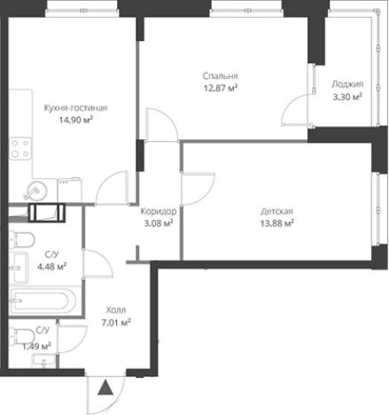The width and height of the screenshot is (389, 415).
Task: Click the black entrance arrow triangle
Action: coord(105,388)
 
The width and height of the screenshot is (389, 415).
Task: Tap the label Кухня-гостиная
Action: coord(75,108)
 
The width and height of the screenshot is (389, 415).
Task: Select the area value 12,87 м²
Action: coord(221,88)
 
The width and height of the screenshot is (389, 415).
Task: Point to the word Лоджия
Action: coord(347,84)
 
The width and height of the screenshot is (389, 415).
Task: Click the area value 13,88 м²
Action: coord(276,223)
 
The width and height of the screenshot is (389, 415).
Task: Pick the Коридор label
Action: coord(159,212)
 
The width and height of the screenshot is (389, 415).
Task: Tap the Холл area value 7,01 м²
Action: coord(116,323)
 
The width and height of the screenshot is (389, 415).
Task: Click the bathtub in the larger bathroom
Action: coord(43,301)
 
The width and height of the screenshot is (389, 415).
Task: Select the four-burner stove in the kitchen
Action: coord(20,148)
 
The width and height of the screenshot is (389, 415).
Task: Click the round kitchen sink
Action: coord(35,191)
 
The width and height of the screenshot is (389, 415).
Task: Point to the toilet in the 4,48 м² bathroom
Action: coord(21,239)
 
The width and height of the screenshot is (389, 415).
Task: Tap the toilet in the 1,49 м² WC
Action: coord(21,336)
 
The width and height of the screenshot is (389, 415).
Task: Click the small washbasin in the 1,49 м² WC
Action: coord(43,362)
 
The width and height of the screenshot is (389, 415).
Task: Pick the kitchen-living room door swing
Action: coord(113,188)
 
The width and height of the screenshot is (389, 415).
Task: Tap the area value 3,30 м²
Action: coord(347,97)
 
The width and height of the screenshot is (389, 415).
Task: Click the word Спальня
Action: coord(220,76)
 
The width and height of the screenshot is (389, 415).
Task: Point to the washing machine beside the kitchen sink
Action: coord(69,190)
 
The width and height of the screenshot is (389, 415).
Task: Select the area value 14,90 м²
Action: coord(76,121)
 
